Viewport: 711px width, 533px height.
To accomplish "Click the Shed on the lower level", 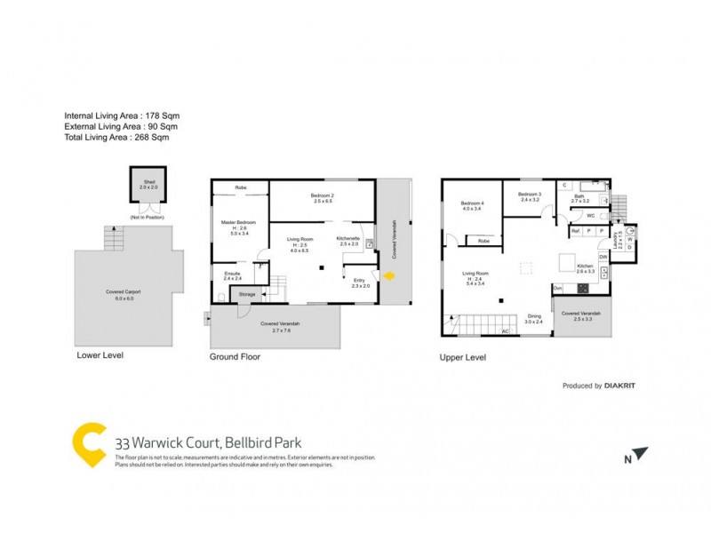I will coord(148,189).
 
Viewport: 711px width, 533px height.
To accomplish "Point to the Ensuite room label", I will coord(233,276).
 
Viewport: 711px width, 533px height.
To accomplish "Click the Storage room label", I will coord(247,294).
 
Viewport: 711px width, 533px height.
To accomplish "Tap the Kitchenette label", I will coord(348,240).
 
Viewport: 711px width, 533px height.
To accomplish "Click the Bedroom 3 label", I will coord(530,196).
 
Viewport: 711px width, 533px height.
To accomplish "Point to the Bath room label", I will coord(579,199).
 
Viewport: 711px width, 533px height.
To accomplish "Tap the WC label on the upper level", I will coord(589,216).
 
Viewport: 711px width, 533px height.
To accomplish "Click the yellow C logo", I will coord(89,444).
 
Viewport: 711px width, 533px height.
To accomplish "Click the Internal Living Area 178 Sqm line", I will coord(128,115).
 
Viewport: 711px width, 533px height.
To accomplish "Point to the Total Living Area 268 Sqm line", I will coord(116,138).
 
